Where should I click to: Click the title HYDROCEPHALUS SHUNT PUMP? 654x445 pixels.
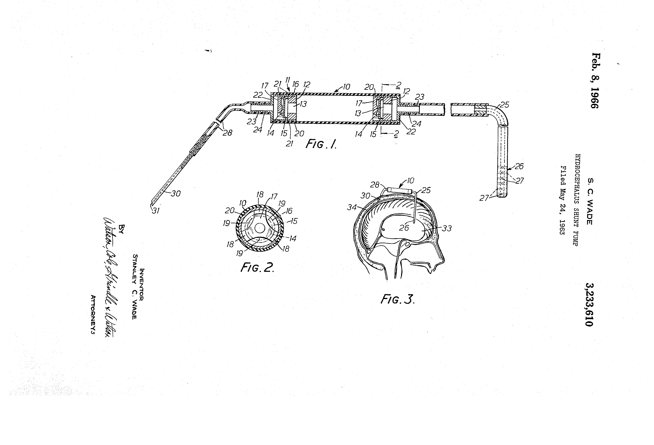click(576, 200)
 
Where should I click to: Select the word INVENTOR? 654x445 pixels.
click(142, 285)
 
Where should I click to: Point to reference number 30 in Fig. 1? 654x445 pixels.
click(176, 194)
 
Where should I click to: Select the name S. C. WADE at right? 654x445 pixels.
click(590, 201)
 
